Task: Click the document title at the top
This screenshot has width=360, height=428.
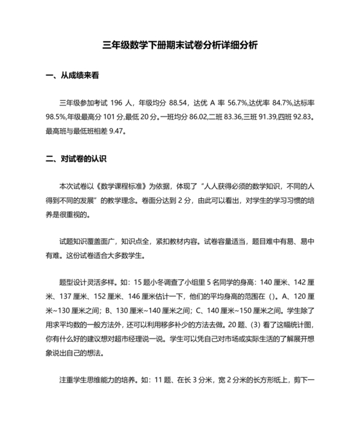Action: pyautogui.click(x=181, y=46)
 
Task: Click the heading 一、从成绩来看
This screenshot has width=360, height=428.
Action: pyautogui.click(x=71, y=75)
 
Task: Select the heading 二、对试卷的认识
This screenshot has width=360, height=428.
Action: pyautogui.click(x=76, y=158)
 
